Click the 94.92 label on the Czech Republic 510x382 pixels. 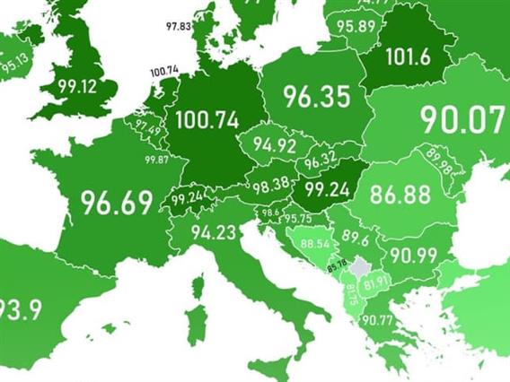tap(275, 143)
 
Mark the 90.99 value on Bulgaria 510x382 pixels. tap(413, 255)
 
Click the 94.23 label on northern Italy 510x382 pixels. tap(214, 233)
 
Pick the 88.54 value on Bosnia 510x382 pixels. tap(314, 243)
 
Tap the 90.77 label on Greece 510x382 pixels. tap(378, 320)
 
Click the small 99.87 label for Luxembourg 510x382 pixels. tap(157, 160)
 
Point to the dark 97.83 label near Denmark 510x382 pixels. tap(179, 28)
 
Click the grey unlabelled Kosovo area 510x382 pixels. tap(361, 266)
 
